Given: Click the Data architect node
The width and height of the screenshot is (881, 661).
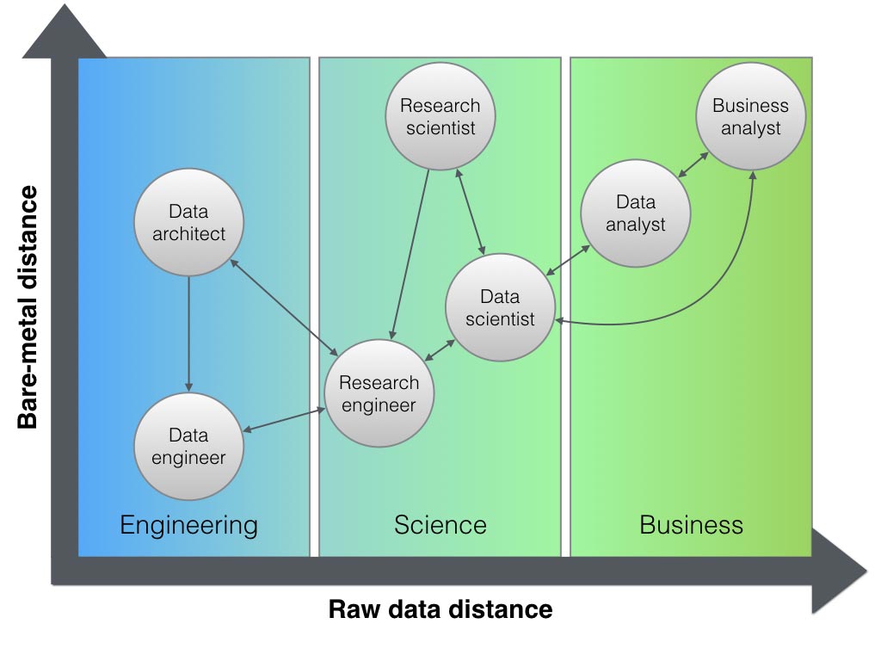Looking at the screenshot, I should click(x=189, y=222).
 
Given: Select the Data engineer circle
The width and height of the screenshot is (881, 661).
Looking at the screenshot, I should click(x=189, y=447).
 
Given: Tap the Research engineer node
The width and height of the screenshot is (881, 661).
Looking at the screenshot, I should click(x=379, y=393).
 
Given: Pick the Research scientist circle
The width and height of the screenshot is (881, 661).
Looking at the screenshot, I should click(x=440, y=117).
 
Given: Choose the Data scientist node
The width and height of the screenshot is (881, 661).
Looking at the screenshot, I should click(x=500, y=307).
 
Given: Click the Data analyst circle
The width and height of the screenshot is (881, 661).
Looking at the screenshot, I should click(x=636, y=213).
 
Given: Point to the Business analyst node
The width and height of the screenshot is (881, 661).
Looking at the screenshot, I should click(x=750, y=117).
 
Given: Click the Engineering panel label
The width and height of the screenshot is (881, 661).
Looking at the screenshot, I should click(x=188, y=525).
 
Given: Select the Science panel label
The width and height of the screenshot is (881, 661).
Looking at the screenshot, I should click(x=440, y=525).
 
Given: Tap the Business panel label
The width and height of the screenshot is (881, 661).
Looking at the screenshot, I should click(x=691, y=525).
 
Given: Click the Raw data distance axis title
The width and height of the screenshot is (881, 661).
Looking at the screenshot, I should click(x=440, y=610).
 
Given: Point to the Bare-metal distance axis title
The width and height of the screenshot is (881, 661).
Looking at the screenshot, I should click(x=28, y=306).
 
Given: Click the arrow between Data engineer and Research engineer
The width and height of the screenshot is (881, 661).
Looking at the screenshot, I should click(x=284, y=420).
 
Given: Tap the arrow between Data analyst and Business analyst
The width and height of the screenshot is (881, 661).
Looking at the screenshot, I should click(x=693, y=165).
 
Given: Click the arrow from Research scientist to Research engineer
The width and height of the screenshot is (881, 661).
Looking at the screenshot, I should click(x=410, y=254).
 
